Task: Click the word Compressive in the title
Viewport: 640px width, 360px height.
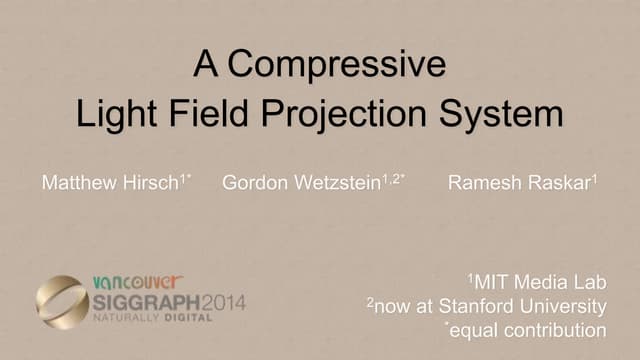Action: (336, 66)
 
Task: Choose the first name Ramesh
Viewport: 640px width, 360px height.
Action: (480, 184)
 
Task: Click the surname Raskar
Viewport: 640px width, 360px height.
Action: (560, 184)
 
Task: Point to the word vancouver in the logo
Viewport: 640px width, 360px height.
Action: (136, 282)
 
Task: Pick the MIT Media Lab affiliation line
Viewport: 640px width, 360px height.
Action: (538, 281)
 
